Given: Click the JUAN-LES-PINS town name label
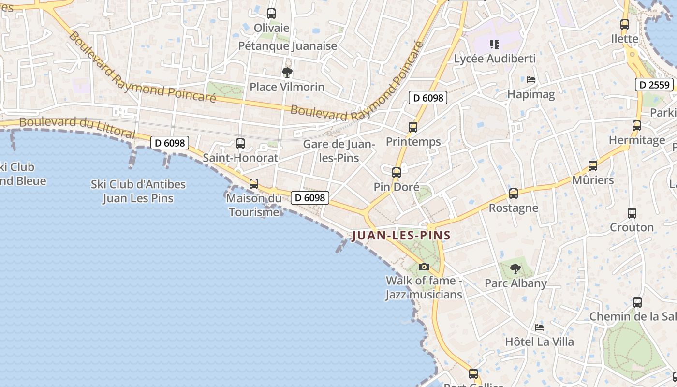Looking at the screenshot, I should (401, 236).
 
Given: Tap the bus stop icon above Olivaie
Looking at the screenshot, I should (271, 14).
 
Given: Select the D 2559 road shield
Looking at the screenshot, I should (654, 85).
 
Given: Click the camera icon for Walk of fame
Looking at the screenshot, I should (424, 267).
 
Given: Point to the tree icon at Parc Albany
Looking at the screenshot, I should (515, 269).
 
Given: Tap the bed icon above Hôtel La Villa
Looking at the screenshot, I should (539, 327).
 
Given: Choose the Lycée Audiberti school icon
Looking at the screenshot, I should (494, 45).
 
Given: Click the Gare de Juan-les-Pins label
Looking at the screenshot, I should (339, 151).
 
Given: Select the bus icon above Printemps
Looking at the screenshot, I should (413, 127).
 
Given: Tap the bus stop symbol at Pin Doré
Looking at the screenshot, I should (397, 173).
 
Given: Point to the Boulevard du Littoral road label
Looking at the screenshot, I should (77, 126).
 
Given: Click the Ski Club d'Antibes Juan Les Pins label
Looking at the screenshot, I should (138, 191).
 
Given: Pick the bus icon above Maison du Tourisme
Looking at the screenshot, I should (254, 184).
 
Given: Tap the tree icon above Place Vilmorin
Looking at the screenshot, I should (287, 73).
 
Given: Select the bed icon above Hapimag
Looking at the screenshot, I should (531, 80).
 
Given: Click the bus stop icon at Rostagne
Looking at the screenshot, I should (514, 193).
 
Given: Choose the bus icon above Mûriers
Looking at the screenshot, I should (593, 166).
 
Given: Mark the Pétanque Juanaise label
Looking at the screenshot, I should (288, 46).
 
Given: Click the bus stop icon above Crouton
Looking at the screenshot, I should (632, 213).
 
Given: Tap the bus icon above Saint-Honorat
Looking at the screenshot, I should (240, 144).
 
